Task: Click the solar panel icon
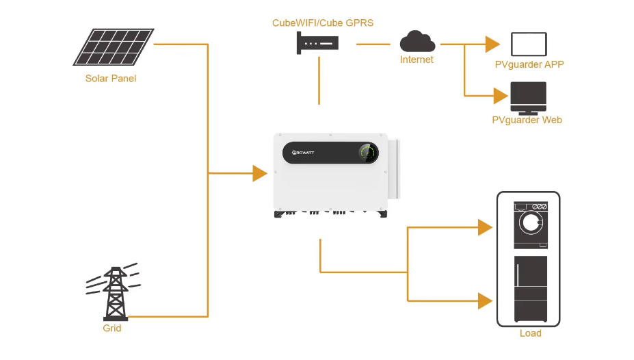pos(114,47)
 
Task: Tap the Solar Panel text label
pos(111,78)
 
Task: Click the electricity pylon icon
pos(114,293)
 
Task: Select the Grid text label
pos(112,329)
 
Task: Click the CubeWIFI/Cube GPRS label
pos(323,23)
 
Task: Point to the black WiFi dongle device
pos(318,45)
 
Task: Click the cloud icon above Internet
pos(417,42)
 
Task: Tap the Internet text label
pos(417,60)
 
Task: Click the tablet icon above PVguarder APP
pos(529,44)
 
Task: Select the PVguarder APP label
pos(529,64)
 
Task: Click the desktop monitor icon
pos(528,98)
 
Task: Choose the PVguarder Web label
pos(527,120)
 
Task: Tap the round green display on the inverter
pos(368,153)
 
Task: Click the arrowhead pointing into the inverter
pos(259,173)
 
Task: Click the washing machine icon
pos(530,224)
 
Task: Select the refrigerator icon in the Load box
pos(530,289)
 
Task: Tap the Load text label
pos(530,333)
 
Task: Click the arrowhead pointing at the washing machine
pos(485,228)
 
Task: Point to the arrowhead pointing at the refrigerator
pos(485,300)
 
